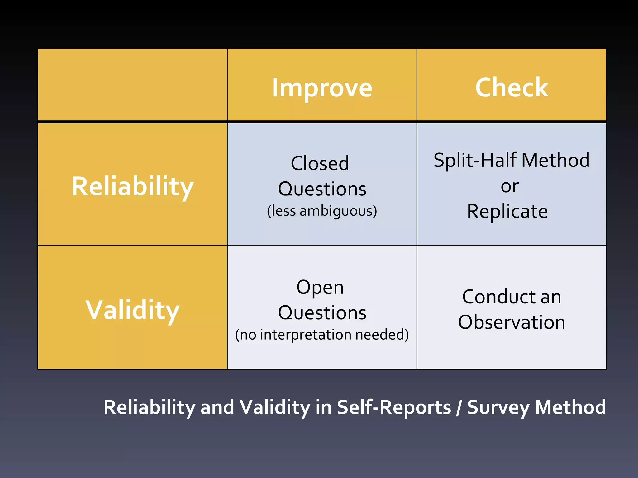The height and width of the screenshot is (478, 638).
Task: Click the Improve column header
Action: pyautogui.click(x=322, y=88)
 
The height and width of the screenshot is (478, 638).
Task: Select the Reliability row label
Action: pyautogui.click(x=133, y=186)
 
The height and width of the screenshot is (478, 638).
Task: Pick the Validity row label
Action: pyautogui.click(x=133, y=310)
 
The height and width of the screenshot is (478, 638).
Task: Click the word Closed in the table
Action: pyautogui.click(x=320, y=163)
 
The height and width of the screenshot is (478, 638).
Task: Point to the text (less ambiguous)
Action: pyautogui.click(x=322, y=211)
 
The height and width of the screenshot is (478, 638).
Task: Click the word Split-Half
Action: pyautogui.click(x=476, y=160)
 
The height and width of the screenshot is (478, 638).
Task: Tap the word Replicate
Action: pyautogui.click(x=507, y=212)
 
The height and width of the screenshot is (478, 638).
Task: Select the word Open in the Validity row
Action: pyautogui.click(x=320, y=287)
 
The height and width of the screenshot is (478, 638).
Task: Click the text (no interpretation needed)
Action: pyautogui.click(x=322, y=335)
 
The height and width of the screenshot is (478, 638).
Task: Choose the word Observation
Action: pyautogui.click(x=512, y=322)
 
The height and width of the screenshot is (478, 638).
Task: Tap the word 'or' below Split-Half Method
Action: pyautogui.click(x=510, y=187)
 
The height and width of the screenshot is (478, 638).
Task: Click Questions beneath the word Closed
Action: pyautogui.click(x=322, y=189)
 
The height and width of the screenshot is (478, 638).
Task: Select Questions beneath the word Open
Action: pyautogui.click(x=322, y=313)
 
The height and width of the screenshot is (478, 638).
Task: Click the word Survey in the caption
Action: pyautogui.click(x=498, y=407)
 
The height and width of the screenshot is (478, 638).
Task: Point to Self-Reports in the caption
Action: pyautogui.click(x=394, y=407)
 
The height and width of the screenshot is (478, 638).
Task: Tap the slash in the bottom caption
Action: pyautogui.click(x=459, y=407)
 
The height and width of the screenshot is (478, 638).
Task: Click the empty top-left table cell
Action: pyautogui.click(x=132, y=84)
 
